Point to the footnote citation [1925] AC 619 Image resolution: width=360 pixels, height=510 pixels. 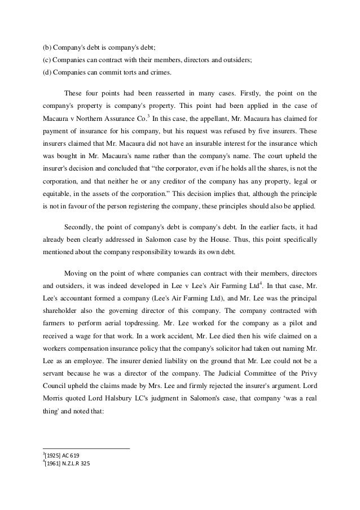[63, 455]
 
